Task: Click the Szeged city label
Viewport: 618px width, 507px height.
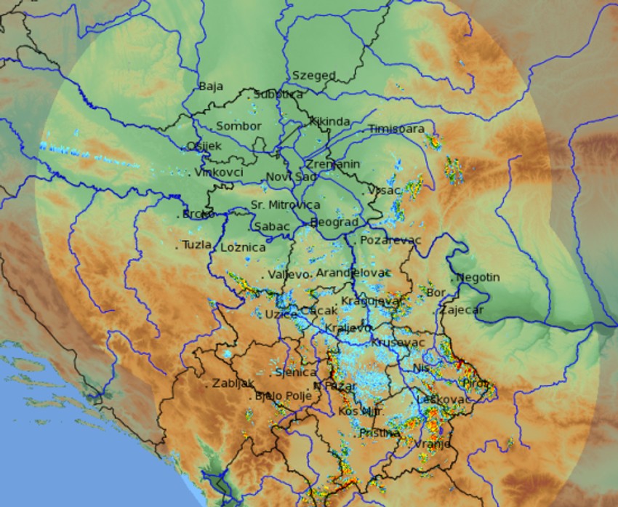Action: [313, 75]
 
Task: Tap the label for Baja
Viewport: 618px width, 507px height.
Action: [210, 87]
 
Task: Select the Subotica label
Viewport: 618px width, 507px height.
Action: [278, 94]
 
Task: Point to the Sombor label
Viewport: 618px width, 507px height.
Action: [238, 126]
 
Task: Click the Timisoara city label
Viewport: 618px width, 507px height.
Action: [396, 129]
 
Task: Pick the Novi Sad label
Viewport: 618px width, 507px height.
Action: [291, 177]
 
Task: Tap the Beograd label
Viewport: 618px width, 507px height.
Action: [334, 222]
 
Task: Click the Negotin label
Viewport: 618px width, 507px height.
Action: [478, 277]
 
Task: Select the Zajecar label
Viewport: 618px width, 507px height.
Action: [461, 310]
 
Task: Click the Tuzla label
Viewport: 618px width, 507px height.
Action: [197, 244]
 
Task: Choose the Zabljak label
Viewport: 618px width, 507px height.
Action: [233, 383]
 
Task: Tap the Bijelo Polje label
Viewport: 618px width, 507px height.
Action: [283, 396]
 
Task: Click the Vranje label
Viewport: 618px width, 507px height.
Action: [433, 444]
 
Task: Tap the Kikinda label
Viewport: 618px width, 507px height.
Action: [329, 121]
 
